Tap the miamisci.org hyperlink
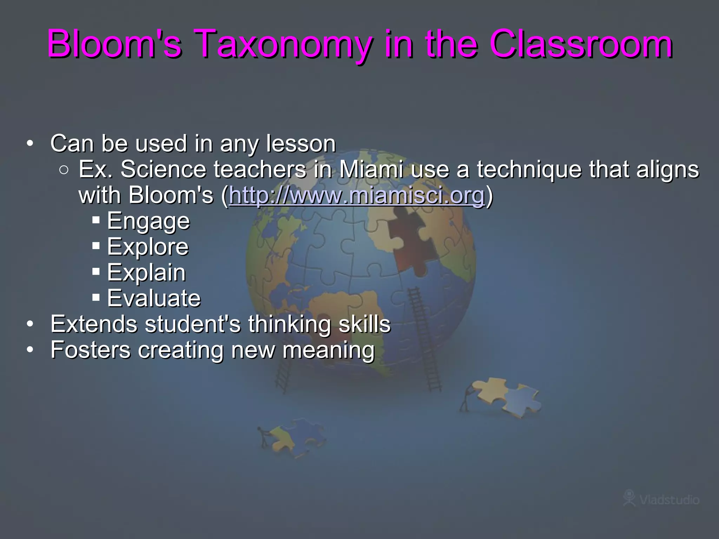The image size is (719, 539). pos(357,195)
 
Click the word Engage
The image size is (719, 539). pos(148,221)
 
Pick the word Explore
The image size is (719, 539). pos(148,247)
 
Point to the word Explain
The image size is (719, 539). pos(146,273)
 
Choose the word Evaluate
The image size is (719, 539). pos(154,298)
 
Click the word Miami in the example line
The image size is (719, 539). pos(371,169)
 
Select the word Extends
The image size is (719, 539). pos(94,324)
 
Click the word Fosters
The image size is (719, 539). pos(90,350)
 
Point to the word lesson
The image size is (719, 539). pos(301,144)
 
